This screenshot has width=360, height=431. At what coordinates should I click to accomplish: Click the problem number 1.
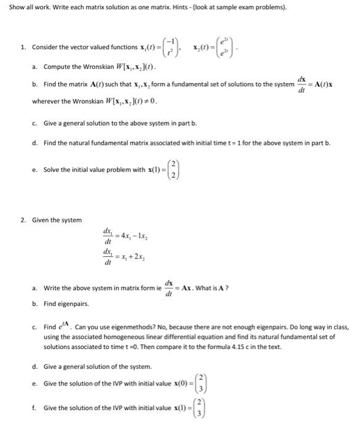point(22,47)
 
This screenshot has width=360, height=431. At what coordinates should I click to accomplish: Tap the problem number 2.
point(22,220)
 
